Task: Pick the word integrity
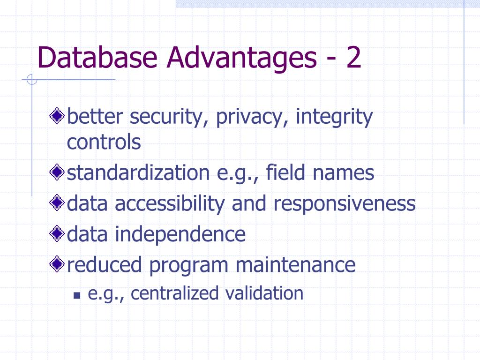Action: tap(334, 116)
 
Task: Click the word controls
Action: tap(104, 142)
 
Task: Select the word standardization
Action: tap(138, 173)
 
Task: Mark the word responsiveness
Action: tap(344, 204)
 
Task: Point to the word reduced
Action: tap(105, 265)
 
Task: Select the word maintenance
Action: tap(295, 265)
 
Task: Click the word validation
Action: tap(264, 293)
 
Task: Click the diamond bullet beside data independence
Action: tap(57, 234)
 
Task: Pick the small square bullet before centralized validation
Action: tap(77, 296)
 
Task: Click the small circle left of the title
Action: tap(31, 81)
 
